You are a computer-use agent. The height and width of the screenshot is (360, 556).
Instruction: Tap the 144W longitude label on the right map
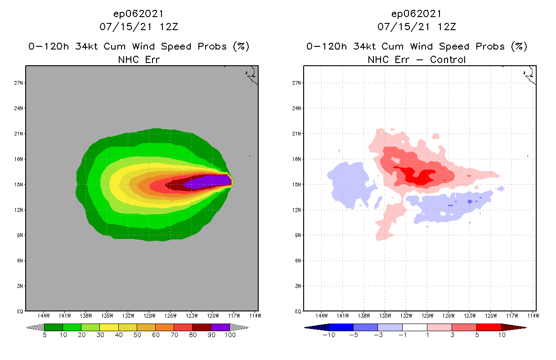[x=322, y=315]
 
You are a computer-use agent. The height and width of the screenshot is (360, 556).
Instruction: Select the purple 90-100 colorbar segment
[x=220, y=327]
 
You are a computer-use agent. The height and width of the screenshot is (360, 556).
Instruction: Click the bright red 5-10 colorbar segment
[x=488, y=327]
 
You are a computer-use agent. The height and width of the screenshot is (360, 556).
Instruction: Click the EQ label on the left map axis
[x=20, y=311]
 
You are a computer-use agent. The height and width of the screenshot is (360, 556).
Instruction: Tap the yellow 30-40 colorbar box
[x=109, y=327]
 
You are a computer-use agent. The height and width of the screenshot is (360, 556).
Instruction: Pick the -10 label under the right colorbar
[x=329, y=335]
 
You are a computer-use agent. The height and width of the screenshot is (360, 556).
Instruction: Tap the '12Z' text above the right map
[x=447, y=27]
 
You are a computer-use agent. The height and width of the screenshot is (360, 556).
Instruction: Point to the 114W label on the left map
[x=256, y=315]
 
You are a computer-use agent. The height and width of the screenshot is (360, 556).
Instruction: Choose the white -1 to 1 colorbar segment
[x=414, y=327]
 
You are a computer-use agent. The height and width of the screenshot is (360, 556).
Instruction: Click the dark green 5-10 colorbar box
[x=54, y=327]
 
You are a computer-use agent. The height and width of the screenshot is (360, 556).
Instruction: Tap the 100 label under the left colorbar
[x=230, y=335]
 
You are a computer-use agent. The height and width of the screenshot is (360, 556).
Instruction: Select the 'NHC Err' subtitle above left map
[x=139, y=59]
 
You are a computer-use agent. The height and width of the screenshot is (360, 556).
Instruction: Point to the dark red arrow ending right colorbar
[x=513, y=327]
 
